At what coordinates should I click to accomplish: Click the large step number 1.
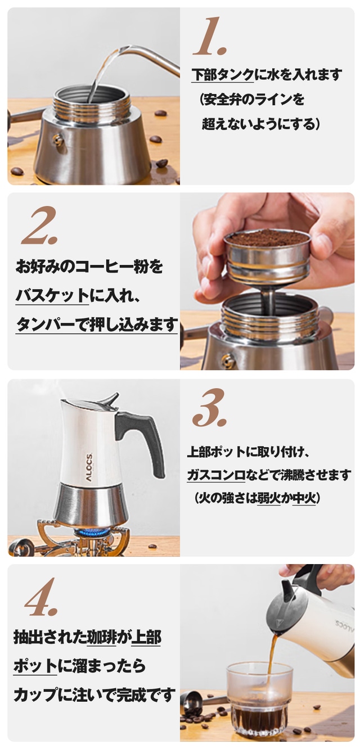coord(210,37)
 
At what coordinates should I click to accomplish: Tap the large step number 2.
coord(40,226)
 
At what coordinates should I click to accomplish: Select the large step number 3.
coord(209,407)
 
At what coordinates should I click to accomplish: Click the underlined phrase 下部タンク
coord(223,74)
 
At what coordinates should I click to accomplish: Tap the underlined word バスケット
coord(52,295)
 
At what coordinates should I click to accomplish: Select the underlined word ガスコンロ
coord(216,475)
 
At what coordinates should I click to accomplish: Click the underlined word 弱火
coord(269,498)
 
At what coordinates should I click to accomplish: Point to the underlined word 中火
coord(304,498)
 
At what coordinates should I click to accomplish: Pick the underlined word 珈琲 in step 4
coord(101,637)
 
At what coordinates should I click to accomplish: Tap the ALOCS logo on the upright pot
coord(89,467)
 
